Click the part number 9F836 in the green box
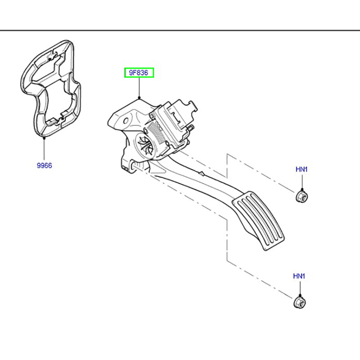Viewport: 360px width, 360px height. [x=139, y=72]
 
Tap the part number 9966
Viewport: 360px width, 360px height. [x=44, y=166]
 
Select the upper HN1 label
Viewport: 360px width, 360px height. [x=301, y=170]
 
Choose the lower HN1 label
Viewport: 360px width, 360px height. [x=299, y=276]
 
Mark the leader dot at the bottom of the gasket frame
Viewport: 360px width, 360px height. [x=44, y=139]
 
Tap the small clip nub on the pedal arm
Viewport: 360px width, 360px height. [x=202, y=173]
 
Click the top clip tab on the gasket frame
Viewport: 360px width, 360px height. [x=53, y=56]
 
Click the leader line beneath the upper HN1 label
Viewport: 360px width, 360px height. [x=301, y=182]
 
